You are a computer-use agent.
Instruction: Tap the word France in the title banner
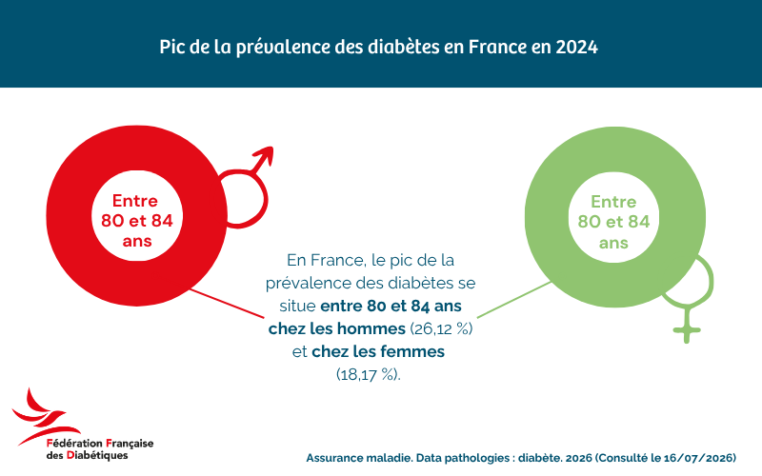click(x=497, y=47)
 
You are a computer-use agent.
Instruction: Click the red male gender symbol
click(x=246, y=187)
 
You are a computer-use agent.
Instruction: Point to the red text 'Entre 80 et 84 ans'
click(x=136, y=221)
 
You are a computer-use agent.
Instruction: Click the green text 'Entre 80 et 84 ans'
click(x=613, y=222)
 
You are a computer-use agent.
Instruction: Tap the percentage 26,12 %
click(x=441, y=328)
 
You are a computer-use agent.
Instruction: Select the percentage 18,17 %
click(x=368, y=374)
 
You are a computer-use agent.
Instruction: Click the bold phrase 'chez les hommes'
click(x=337, y=328)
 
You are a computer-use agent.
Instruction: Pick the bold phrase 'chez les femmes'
click(x=378, y=351)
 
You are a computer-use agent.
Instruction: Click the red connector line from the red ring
click(x=227, y=304)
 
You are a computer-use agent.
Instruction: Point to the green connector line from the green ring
click(x=514, y=300)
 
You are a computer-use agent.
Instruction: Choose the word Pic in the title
click(x=170, y=47)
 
